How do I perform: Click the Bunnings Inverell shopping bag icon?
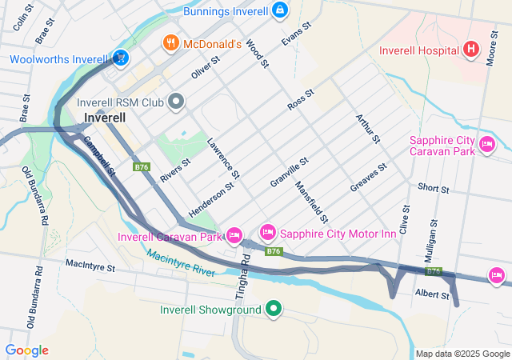point(279,10)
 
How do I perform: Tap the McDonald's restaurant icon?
point(170,43)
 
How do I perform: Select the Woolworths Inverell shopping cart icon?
point(119,58)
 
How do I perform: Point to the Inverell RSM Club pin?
point(176,102)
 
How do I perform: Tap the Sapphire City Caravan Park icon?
point(486,145)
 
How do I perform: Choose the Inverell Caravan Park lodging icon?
point(234,235)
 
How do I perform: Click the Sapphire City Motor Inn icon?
point(267,233)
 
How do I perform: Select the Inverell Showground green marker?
point(274,308)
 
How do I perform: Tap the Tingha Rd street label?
point(246,272)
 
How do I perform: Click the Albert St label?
point(432,295)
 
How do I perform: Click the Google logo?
point(26,350)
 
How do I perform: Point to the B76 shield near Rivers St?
point(142,166)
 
